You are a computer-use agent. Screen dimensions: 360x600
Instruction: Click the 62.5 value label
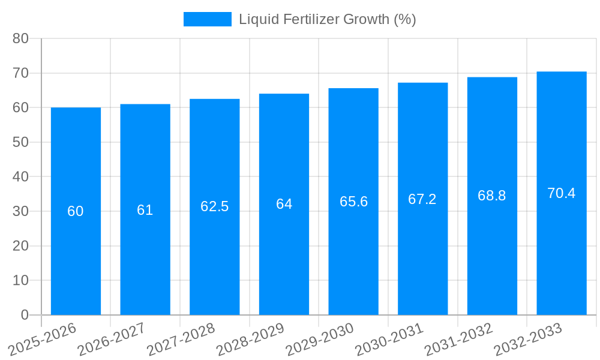point(214,206)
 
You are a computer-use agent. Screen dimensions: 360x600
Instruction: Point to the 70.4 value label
point(562,193)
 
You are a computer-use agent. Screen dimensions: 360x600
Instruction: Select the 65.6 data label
point(353,202)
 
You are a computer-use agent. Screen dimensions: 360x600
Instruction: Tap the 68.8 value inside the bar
point(492,196)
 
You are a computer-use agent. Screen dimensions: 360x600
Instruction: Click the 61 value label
point(145,210)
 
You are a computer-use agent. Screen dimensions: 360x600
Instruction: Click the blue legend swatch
point(207,19)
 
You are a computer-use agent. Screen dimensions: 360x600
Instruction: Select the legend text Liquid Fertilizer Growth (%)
point(328,19)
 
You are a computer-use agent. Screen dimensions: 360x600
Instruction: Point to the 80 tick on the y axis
point(20,38)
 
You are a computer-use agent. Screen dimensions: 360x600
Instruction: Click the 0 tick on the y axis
point(25,315)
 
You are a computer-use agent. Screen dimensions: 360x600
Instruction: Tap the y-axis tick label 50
point(20,142)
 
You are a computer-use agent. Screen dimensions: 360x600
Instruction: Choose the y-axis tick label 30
point(20,211)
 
